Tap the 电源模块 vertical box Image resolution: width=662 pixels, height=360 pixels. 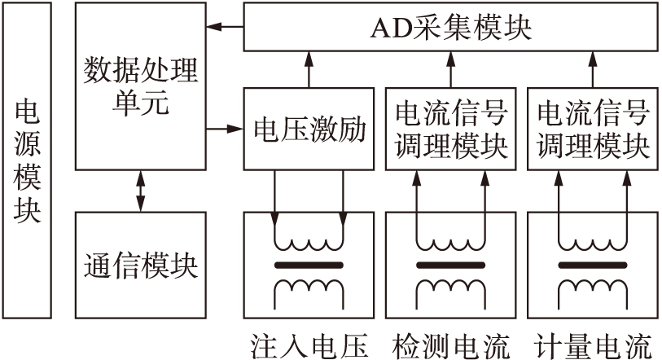27,163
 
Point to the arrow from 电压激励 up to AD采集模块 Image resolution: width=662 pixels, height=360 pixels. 308,69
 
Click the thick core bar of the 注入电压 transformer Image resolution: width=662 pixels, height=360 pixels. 308,266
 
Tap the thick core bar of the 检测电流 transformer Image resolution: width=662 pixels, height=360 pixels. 450,266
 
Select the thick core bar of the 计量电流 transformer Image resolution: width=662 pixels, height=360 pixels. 593,266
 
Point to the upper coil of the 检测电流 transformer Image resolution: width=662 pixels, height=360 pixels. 450,244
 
